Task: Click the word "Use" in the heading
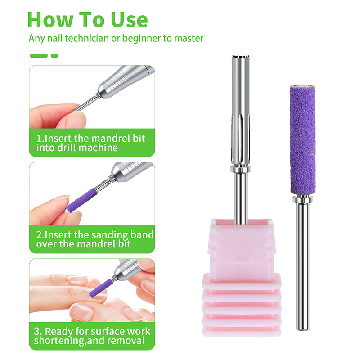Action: tap(129, 20)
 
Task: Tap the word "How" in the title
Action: tap(50, 20)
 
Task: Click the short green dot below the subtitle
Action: tap(54, 55)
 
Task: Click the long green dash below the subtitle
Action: tap(39, 55)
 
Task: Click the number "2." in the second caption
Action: tap(40, 235)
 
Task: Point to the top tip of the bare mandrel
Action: tap(241, 56)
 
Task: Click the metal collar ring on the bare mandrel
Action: tap(240, 169)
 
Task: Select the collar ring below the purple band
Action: tap(303, 198)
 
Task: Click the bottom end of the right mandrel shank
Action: tap(303, 329)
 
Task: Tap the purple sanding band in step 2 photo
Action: tap(81, 200)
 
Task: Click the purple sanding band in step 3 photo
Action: tap(100, 288)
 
